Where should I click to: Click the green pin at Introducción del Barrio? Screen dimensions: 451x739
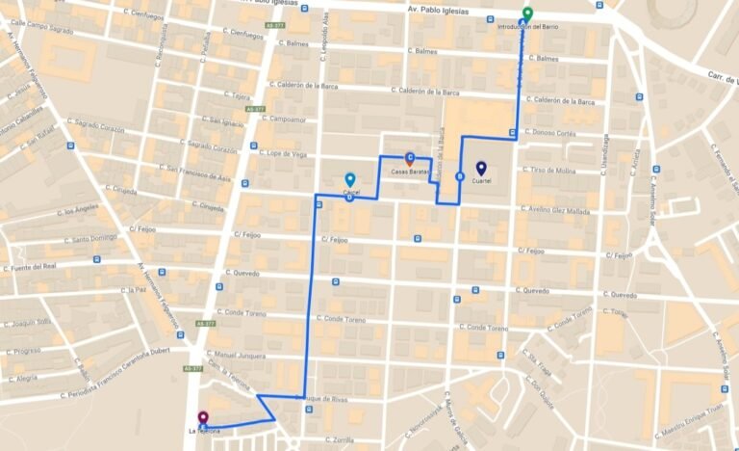pyautogui.click(x=525, y=13)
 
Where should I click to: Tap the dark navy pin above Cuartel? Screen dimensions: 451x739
pyautogui.click(x=481, y=168)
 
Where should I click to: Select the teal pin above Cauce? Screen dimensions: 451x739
pyautogui.click(x=350, y=179)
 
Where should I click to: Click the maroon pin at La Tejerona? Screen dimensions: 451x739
pyautogui.click(x=202, y=418)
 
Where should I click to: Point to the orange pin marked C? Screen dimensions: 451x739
pyautogui.click(x=410, y=158)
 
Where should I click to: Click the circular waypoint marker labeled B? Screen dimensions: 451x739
pyautogui.click(x=459, y=176)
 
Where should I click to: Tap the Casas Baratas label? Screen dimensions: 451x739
pyautogui.click(x=410, y=172)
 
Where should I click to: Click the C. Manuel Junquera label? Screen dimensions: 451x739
pyautogui.click(x=237, y=354)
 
